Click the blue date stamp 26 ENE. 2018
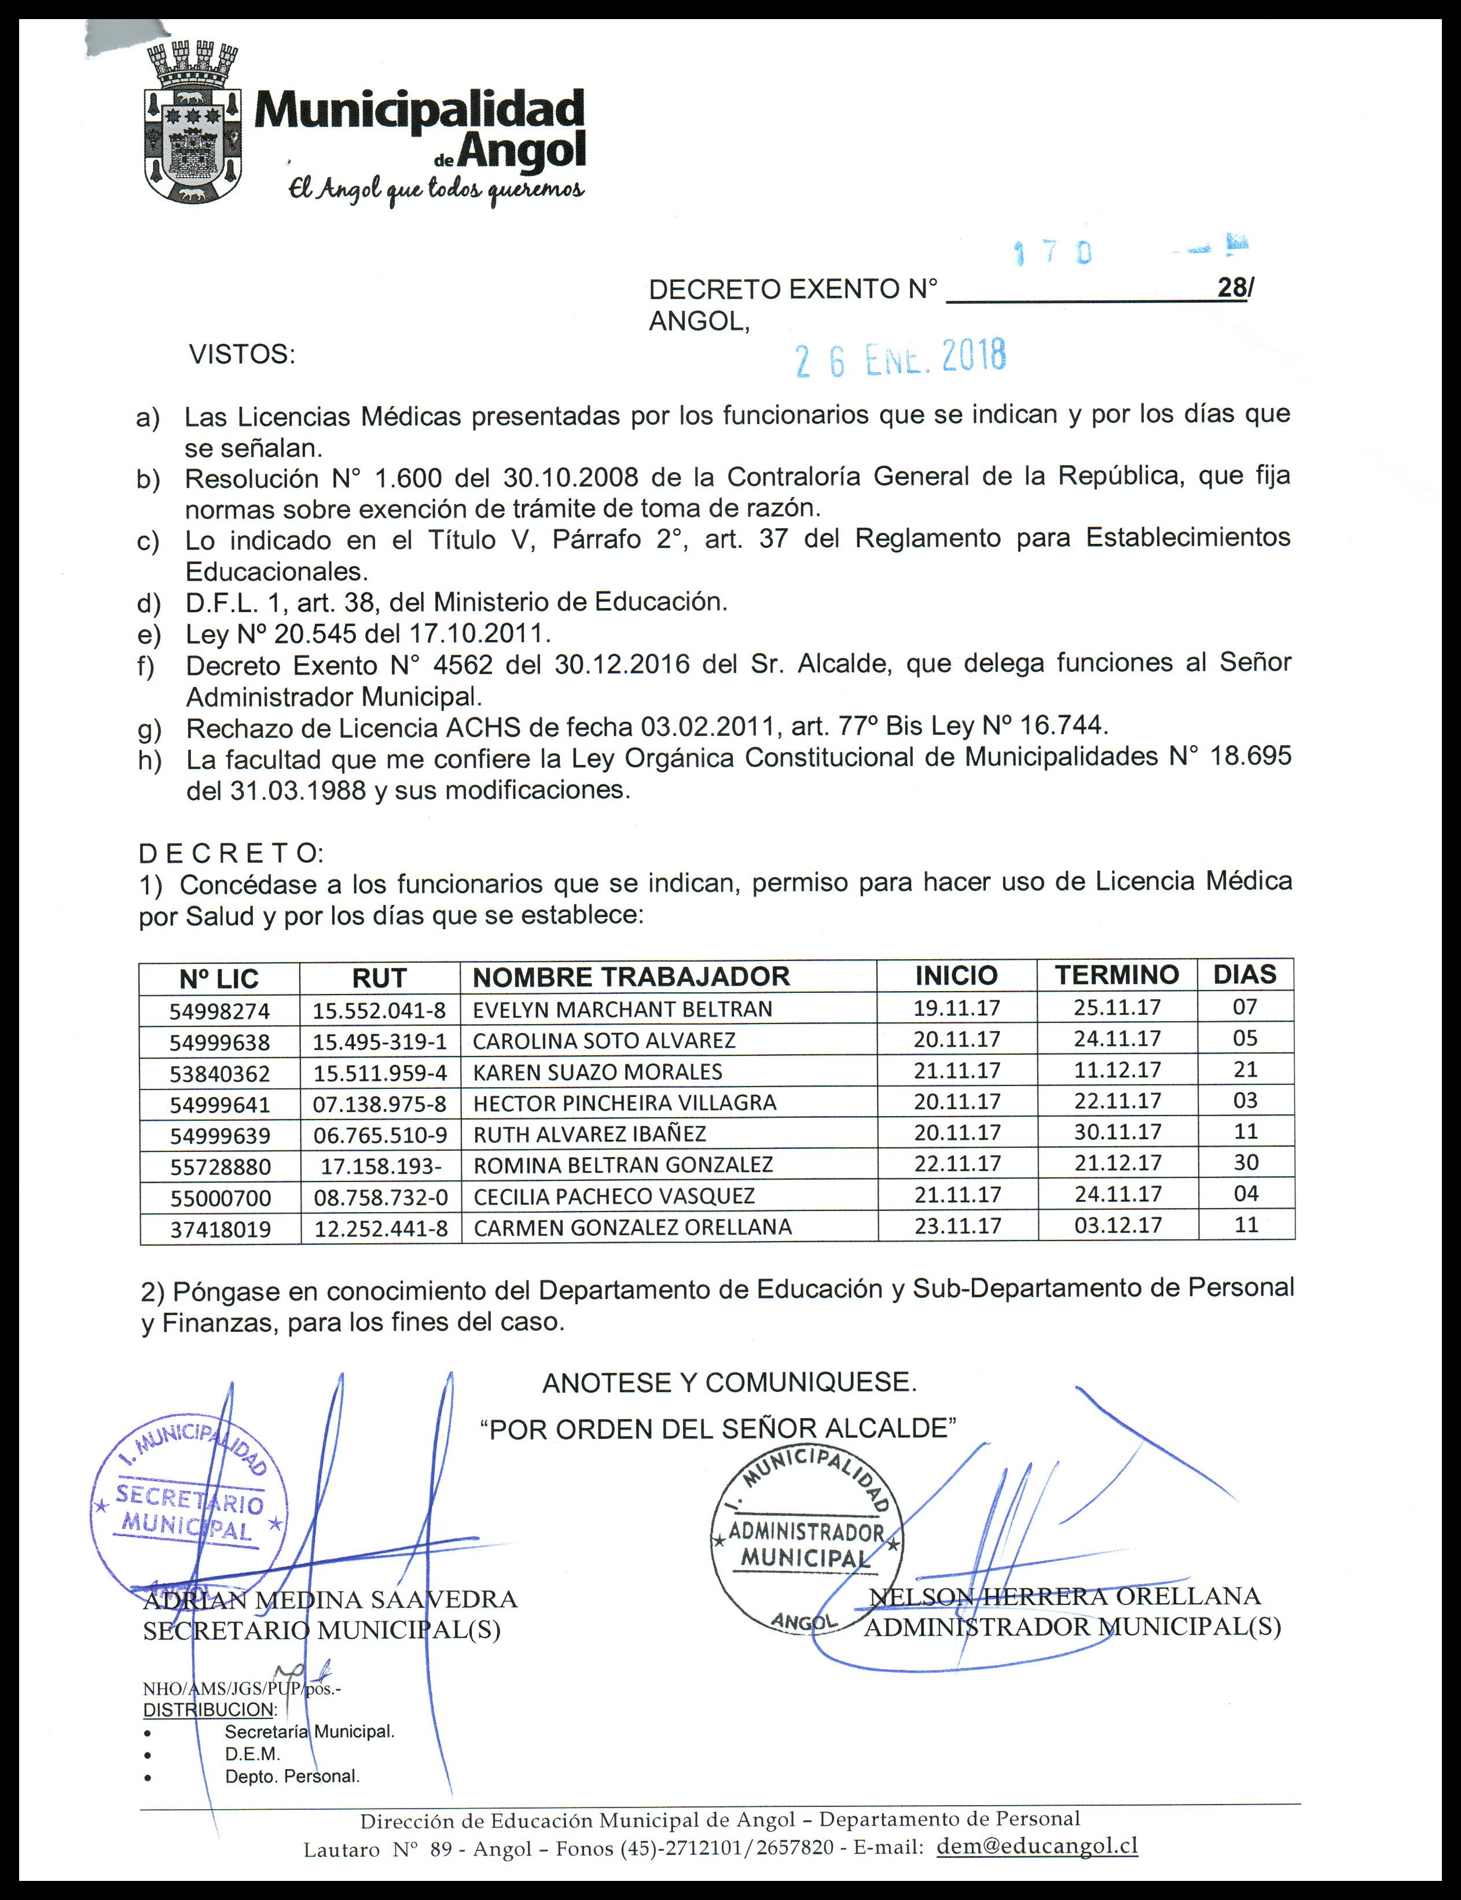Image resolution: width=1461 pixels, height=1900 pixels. click(901, 357)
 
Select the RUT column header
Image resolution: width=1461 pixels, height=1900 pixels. click(379, 978)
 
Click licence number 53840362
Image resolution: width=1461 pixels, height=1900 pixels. click(220, 1073)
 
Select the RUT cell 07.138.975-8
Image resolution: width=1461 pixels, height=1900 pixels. click(380, 1104)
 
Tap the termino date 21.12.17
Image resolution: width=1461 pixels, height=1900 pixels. click(1118, 1163)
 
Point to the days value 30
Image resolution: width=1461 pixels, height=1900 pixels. click(1245, 1162)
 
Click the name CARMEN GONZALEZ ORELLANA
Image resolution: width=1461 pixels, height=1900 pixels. click(632, 1227)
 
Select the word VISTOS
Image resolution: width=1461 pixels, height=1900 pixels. click(242, 355)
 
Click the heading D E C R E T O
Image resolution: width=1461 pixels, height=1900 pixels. click(230, 853)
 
